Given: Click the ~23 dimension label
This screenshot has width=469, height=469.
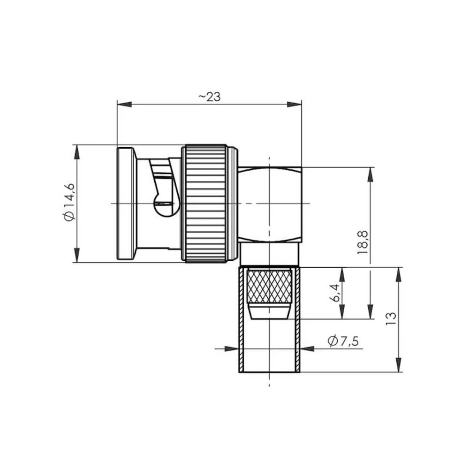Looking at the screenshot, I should [x=209, y=97].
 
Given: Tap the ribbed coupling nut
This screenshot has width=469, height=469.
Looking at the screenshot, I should [x=206, y=203].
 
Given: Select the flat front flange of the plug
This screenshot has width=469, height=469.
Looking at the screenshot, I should [x=126, y=203].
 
